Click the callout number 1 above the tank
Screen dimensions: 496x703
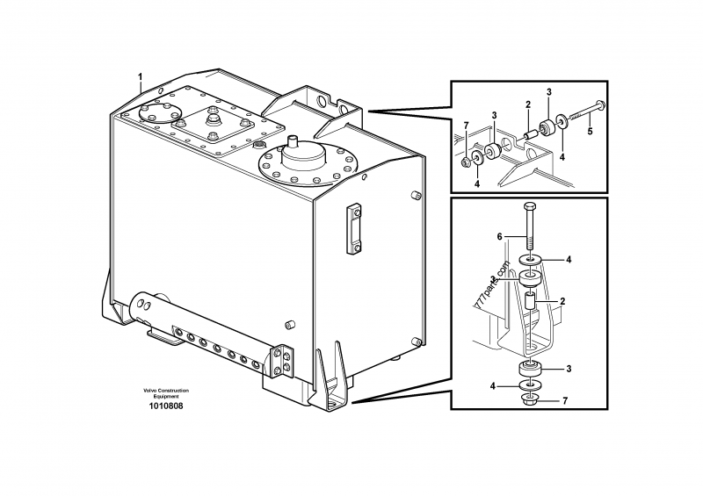[139, 78]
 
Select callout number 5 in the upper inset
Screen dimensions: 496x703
[591, 133]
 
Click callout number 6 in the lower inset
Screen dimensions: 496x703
[500, 236]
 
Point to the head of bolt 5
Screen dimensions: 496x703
[600, 105]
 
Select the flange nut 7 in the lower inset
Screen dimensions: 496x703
[531, 401]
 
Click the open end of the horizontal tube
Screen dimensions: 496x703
[138, 306]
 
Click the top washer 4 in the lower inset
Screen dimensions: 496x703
[530, 260]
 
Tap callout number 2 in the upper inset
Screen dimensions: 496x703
[528, 104]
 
